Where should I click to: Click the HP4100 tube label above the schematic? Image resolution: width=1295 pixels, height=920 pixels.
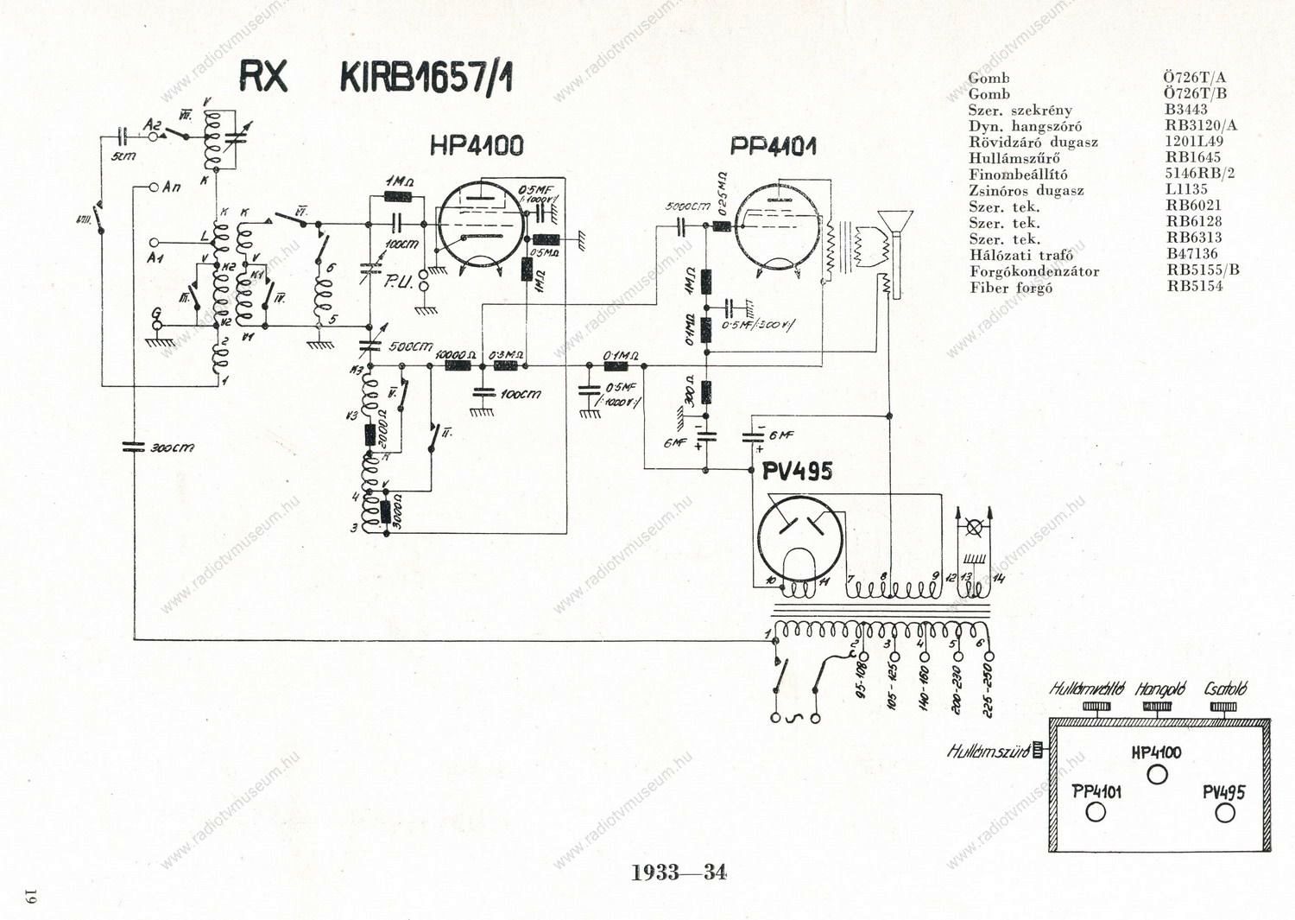476,145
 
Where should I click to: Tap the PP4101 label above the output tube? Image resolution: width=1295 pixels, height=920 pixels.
773,145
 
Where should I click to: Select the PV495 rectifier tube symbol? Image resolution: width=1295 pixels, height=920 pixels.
799,540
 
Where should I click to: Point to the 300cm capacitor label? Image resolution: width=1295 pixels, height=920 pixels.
172,448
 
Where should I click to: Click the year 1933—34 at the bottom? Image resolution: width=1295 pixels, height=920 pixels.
679,872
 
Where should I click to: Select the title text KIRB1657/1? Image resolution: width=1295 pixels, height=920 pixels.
426,78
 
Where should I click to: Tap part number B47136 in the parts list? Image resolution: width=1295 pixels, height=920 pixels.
1191,254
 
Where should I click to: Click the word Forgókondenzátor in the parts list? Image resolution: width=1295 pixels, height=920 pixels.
1033,271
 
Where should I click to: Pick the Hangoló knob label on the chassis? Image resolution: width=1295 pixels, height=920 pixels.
1159,689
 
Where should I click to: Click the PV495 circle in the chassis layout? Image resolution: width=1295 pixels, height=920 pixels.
1224,812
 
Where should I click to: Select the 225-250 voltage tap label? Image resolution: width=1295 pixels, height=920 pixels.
988,691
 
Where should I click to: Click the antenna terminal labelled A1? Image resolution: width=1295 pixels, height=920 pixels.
155,244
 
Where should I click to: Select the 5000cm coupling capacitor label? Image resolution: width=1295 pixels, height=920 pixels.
687,207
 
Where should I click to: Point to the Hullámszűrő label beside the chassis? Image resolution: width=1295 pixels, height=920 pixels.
989,751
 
